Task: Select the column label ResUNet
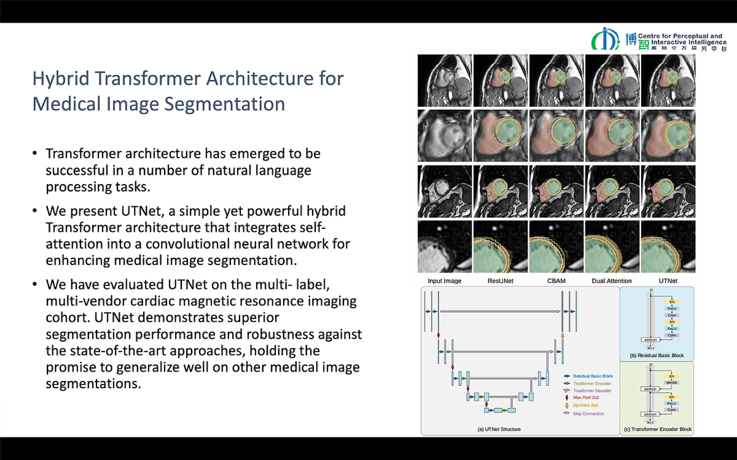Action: click(500, 281)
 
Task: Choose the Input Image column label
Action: click(444, 281)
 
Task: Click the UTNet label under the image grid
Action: click(668, 281)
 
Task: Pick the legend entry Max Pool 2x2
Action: click(586, 397)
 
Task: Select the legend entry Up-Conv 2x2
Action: click(585, 405)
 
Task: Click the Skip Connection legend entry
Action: click(588, 413)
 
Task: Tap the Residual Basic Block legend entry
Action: click(593, 376)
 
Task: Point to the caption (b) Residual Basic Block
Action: click(657, 355)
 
